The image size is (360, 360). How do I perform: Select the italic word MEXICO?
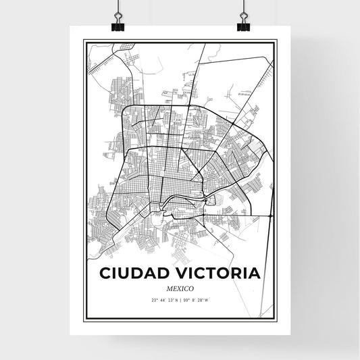tap(180, 289)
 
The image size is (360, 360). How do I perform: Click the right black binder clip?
tap(243, 25)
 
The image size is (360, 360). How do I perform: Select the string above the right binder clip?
tap(243, 5)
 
